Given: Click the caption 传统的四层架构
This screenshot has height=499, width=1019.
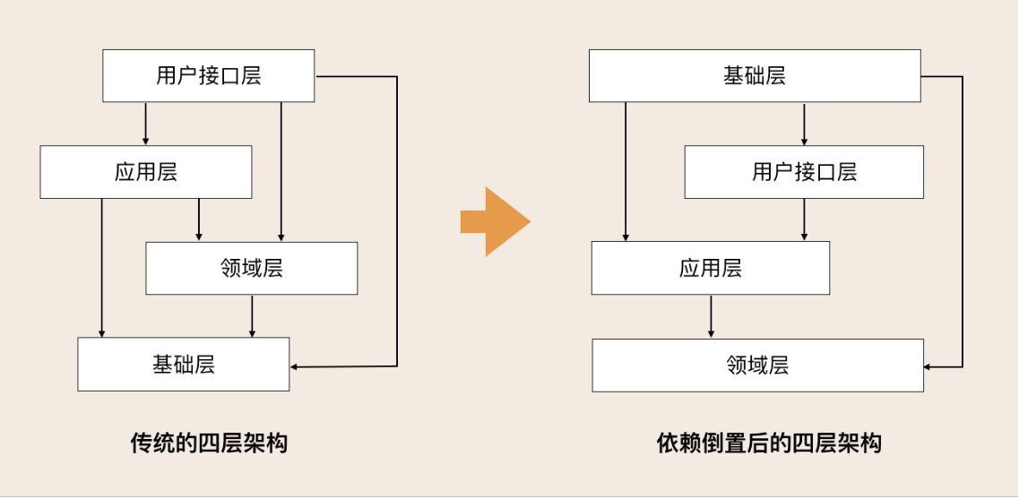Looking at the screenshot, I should [209, 443].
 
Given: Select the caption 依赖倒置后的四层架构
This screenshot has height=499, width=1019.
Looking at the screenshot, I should [769, 443].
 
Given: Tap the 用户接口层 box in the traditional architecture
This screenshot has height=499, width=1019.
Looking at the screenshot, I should [209, 75].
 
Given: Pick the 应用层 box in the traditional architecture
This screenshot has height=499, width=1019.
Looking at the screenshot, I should [145, 172].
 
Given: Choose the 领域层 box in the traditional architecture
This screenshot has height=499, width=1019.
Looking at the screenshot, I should [251, 268].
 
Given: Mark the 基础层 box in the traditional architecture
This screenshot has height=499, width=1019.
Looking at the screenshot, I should [183, 364].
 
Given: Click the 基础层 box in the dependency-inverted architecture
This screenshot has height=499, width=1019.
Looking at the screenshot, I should [755, 75].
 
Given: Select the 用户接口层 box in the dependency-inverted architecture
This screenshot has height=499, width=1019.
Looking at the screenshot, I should [804, 172].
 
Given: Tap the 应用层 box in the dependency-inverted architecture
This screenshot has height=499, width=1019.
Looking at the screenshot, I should [710, 268].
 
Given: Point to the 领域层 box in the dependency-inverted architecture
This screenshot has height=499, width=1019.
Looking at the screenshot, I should [757, 365].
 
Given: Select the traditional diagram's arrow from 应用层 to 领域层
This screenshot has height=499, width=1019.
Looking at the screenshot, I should [199, 219].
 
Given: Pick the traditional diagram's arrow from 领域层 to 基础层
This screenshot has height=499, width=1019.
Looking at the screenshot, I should [252, 315].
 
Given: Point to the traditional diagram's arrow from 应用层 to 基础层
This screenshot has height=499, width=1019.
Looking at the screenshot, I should [102, 268].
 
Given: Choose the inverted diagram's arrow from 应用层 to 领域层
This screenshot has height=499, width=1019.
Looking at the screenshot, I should [711, 316].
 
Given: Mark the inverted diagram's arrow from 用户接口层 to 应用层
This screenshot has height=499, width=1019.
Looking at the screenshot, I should [804, 219].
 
